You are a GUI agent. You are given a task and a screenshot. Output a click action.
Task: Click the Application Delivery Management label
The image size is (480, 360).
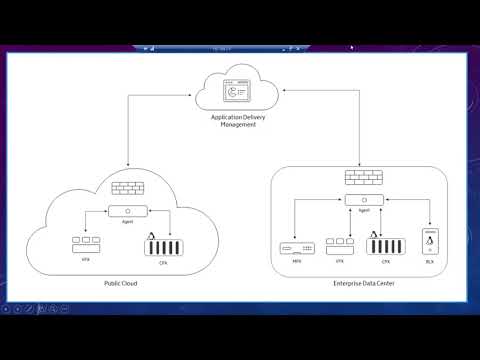238,120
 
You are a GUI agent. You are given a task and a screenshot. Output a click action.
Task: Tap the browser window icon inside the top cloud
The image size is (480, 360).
238,92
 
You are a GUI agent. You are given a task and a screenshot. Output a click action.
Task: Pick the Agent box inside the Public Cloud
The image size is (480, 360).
129,211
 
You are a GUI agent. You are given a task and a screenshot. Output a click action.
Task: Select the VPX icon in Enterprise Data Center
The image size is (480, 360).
340,243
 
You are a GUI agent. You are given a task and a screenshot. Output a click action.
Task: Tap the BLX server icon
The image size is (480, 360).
429,243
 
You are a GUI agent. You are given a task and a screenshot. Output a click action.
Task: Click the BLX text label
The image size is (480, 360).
429,263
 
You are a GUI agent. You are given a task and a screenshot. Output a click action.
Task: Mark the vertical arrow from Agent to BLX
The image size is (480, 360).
429,214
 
